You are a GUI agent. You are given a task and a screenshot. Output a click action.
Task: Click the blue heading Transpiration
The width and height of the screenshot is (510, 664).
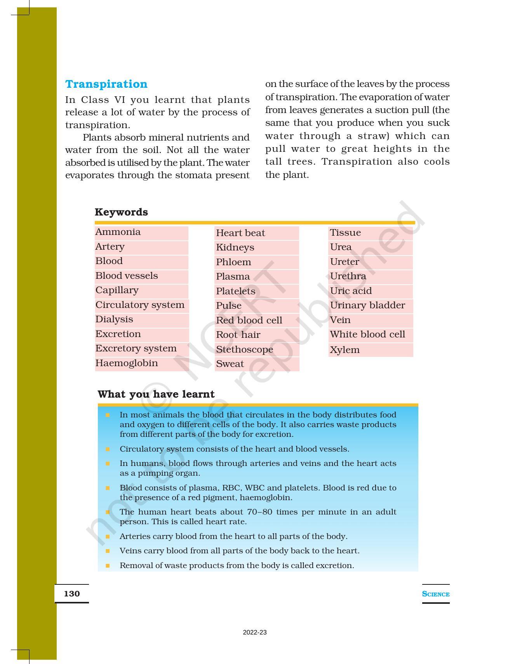point(106,84)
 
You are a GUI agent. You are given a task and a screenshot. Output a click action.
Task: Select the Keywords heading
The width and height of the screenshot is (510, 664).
point(121,212)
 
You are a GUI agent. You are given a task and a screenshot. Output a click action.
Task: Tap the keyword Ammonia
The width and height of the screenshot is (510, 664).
point(118,232)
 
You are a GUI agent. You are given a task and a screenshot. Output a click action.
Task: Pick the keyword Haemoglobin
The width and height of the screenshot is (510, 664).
point(127,363)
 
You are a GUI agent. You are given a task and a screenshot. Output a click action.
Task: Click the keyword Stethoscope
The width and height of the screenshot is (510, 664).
point(244,349)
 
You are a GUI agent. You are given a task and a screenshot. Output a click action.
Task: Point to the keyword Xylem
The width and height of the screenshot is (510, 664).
point(345,350)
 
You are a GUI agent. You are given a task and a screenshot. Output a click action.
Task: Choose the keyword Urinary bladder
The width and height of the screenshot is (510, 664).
point(367,306)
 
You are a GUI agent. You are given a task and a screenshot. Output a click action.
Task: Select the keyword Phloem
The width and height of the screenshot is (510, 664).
point(233,262)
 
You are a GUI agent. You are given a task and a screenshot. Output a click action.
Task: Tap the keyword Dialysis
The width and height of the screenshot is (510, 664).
point(114,320)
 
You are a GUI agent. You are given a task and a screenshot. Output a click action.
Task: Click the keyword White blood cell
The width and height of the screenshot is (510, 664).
point(367,335)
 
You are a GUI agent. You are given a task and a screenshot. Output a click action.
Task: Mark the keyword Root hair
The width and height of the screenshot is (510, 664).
point(238,335)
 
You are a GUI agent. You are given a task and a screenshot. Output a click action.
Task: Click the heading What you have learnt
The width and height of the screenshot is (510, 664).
point(156,395)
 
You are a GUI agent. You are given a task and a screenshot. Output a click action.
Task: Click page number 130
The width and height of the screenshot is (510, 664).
point(72,594)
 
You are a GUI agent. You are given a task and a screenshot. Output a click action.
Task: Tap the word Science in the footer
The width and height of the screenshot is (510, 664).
point(435,594)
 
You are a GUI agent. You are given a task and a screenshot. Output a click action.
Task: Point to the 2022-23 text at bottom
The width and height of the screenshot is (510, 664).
point(255,633)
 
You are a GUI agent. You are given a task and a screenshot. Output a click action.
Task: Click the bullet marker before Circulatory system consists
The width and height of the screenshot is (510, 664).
point(108,449)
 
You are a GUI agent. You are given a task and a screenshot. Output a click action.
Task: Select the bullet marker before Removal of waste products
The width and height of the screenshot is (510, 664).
point(108,566)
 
